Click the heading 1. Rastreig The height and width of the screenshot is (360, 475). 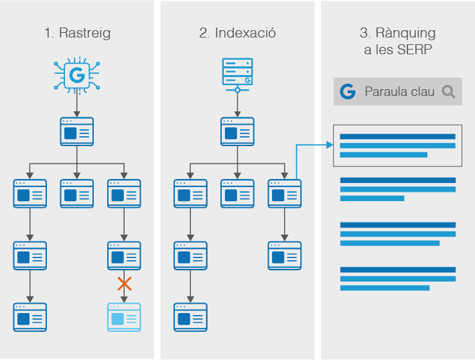pyautogui.click(x=77, y=33)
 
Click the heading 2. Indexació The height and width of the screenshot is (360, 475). pyautogui.click(x=237, y=33)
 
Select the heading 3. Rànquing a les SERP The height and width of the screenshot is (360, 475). pyautogui.click(x=397, y=40)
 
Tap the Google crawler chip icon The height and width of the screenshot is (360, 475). pyautogui.click(x=77, y=76)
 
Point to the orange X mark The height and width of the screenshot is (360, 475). pyautogui.click(x=124, y=284)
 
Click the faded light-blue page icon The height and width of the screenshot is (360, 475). pyautogui.click(x=124, y=316)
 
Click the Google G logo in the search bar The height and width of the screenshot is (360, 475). pyautogui.click(x=347, y=92)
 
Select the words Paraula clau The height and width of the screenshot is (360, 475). pyautogui.click(x=399, y=92)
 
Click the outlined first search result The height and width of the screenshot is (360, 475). pyautogui.click(x=397, y=145)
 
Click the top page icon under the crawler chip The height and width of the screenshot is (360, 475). pyautogui.click(x=77, y=132)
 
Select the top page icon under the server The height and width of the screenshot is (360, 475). pyautogui.click(x=237, y=132)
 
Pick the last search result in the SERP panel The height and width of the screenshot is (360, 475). pyautogui.click(x=397, y=279)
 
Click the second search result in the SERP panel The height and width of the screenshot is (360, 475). pyautogui.click(x=397, y=189)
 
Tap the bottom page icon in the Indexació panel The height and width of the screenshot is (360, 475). pyautogui.click(x=190, y=316)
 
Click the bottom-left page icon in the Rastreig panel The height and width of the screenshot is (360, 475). pyautogui.click(x=30, y=316)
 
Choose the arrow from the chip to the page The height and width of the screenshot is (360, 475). pyautogui.click(x=77, y=105)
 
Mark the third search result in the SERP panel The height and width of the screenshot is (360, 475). pyautogui.click(x=397, y=234)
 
